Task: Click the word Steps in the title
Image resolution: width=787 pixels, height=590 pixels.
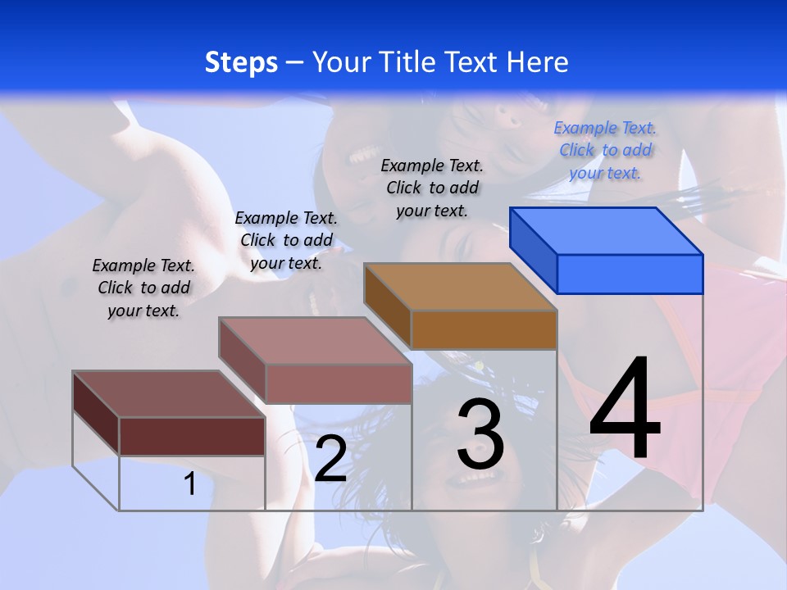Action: [x=241, y=62]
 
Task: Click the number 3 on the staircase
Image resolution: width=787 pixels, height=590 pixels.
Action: [x=480, y=434]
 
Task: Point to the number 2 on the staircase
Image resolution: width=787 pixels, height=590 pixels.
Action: [x=330, y=459]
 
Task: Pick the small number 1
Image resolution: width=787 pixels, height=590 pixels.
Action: [x=190, y=484]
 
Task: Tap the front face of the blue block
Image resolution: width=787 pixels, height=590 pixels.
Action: [x=630, y=274]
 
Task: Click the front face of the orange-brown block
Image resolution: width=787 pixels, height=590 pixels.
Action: [x=484, y=329]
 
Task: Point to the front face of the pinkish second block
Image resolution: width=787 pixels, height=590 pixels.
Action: [x=339, y=383]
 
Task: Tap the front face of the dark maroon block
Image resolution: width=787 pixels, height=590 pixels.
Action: [x=192, y=436]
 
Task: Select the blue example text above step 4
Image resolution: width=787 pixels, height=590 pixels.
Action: [x=605, y=150]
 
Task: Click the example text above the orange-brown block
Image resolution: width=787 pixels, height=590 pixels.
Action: [x=432, y=188]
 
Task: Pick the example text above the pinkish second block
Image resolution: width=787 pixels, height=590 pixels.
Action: [x=286, y=240]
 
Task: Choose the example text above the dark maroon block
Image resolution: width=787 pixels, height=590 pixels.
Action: [x=143, y=288]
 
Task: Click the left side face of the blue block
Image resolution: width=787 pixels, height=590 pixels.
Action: [x=534, y=249]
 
